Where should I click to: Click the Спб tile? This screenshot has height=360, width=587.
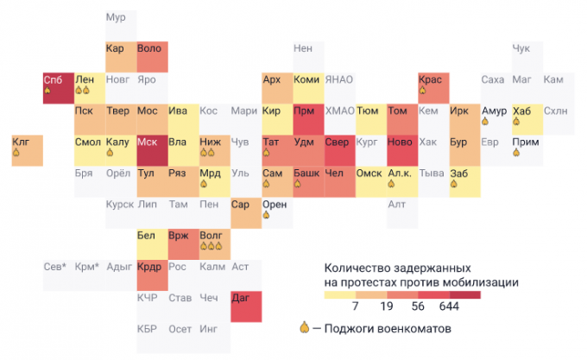point(58,88)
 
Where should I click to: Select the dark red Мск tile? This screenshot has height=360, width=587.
point(152,150)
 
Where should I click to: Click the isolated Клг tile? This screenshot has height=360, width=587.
point(27,150)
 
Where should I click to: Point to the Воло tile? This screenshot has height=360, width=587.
point(152,56)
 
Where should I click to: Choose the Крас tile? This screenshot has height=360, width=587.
point(433,88)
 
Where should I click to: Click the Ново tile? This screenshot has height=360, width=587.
point(401,150)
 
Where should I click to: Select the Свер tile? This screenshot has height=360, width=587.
point(339,150)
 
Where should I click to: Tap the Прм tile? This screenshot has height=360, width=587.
point(308,119)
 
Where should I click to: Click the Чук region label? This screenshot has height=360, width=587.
point(521,49)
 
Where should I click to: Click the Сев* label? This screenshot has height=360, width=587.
point(55,267)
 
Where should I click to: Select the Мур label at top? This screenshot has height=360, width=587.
point(115,18)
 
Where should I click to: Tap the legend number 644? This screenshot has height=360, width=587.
point(449,306)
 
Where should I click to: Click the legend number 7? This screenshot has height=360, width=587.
point(355,306)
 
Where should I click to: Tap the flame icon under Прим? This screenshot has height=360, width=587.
point(515,153)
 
